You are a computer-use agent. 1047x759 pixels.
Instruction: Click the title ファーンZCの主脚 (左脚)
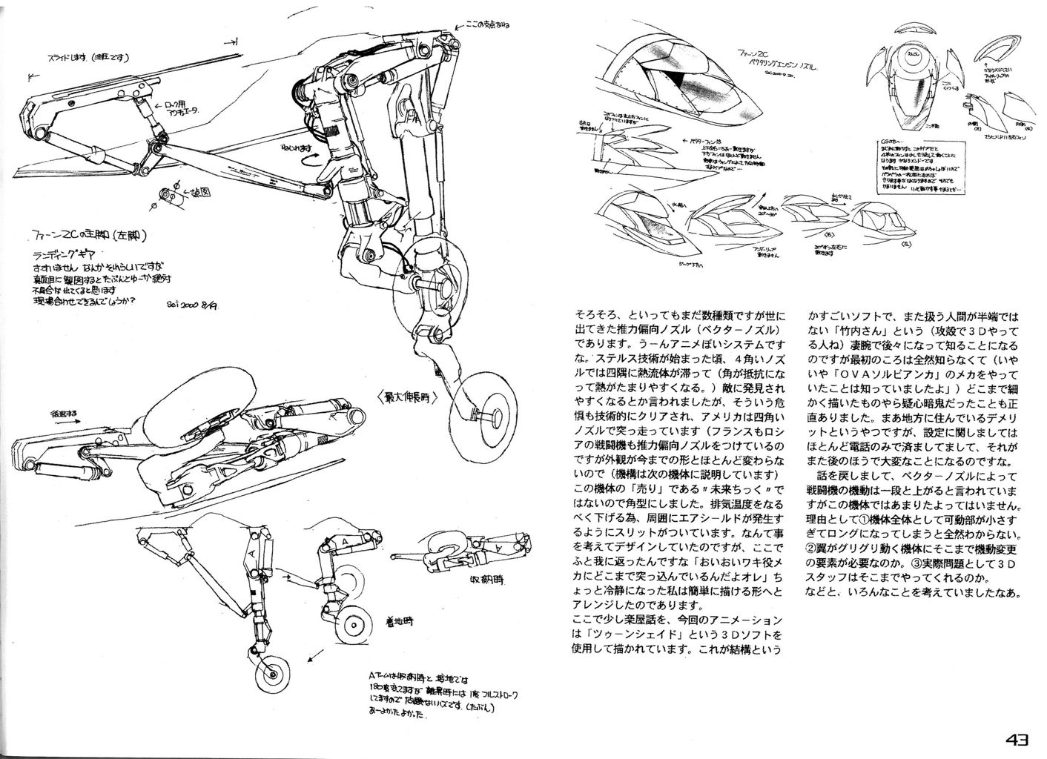[x=104, y=235]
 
